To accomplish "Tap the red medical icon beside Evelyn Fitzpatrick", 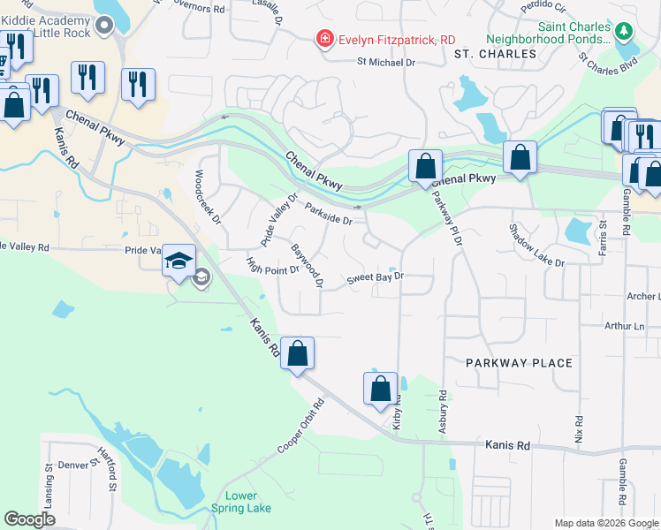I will [324, 40].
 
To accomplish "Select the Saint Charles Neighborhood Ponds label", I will [548, 34].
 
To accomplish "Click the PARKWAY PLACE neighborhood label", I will [519, 363].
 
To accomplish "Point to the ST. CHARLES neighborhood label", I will [496, 54].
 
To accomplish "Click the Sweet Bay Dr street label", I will [375, 276].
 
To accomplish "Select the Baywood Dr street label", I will [308, 266].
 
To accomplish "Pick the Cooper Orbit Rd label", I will [301, 426].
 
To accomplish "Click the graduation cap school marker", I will [179, 261].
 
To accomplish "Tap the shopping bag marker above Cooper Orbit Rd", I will [299, 352].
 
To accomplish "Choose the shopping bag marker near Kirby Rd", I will [380, 388].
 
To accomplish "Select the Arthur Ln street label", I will [627, 327].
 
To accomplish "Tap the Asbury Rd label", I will [443, 412].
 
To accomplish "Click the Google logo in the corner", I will [29, 519].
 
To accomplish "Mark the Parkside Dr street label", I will [329, 214].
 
